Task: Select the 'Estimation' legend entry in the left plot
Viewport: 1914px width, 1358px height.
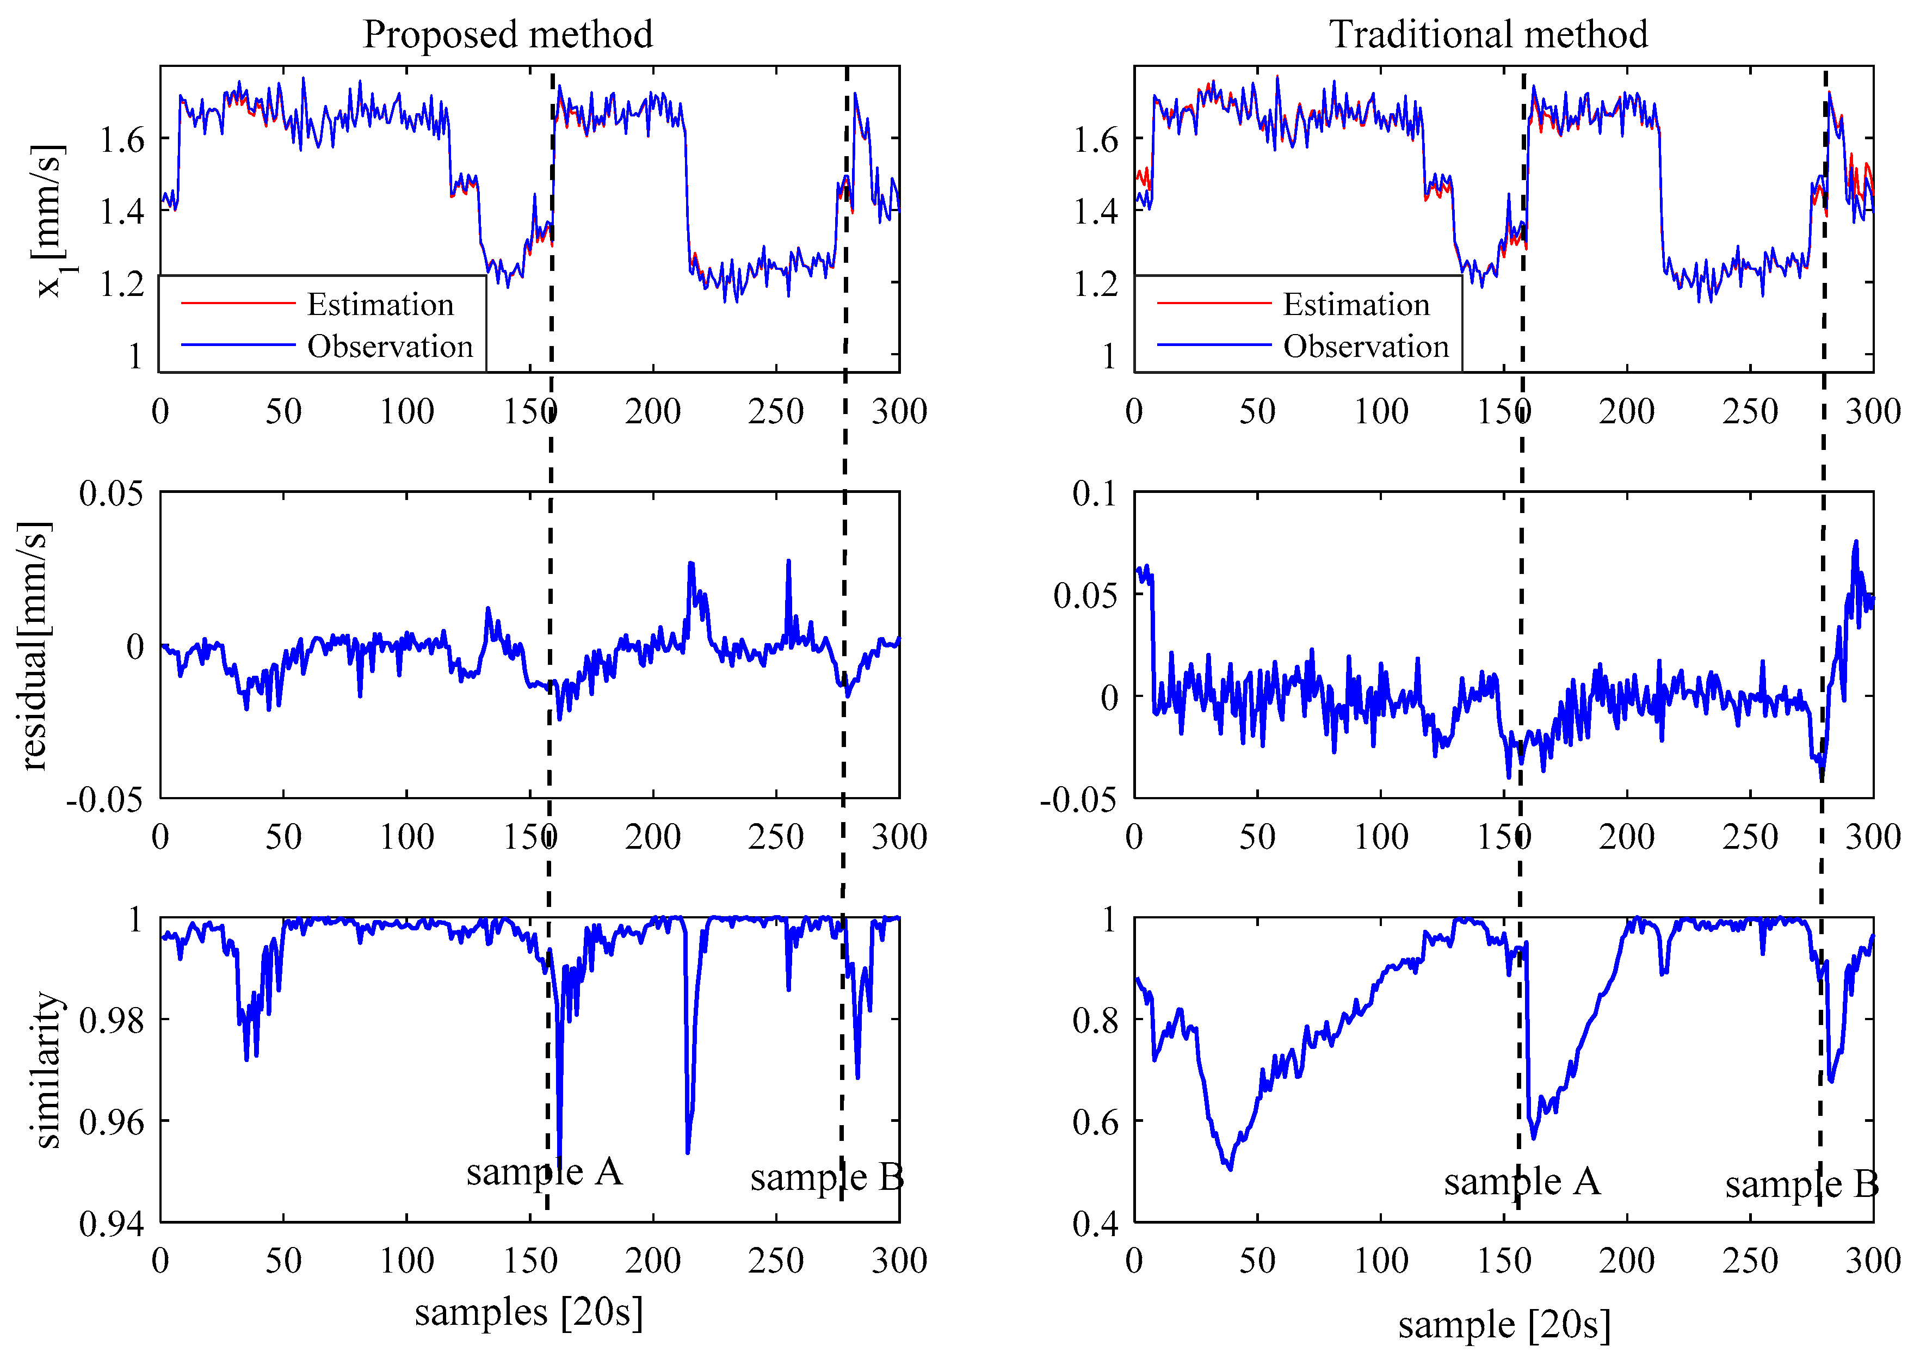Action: [x=380, y=304]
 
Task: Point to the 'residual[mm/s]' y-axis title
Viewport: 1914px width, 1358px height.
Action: [x=35, y=646]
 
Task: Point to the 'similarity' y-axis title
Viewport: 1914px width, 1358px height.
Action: [x=48, y=1070]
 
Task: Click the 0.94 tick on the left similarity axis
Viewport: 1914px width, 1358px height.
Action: [x=111, y=1224]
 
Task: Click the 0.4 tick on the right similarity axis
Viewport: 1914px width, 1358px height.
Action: [x=1095, y=1224]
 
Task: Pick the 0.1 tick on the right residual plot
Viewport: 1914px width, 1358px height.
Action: [x=1095, y=493]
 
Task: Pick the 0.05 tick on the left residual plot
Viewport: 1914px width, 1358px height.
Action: [x=111, y=493]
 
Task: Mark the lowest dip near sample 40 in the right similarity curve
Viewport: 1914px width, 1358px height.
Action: [x=1230, y=1168]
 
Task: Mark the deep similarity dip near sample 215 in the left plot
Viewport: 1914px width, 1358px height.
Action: [x=687, y=1151]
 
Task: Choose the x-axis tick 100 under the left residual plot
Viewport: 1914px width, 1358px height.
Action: [x=406, y=837]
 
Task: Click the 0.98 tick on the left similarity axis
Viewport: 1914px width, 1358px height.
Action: [x=111, y=1020]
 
